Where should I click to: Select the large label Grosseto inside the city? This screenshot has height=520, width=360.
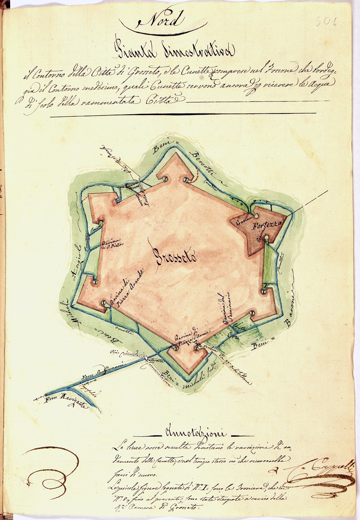pyautogui.click(x=177, y=257)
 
